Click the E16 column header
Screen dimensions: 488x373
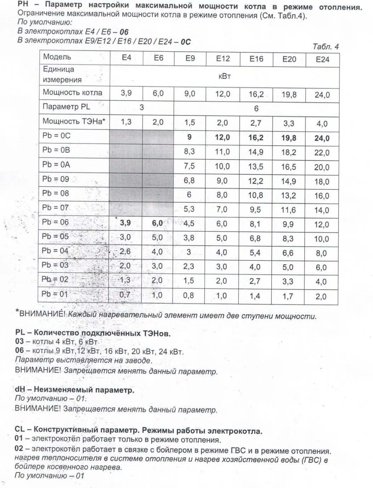click(256, 59)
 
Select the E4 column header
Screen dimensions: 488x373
click(126, 57)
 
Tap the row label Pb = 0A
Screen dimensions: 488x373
click(56, 164)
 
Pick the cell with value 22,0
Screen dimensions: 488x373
click(322, 153)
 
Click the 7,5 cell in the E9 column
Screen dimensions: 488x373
click(189, 166)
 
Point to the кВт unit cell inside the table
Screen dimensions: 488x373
click(225, 76)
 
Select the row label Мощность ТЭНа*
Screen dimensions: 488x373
click(74, 121)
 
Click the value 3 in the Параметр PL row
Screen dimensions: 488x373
click(142, 108)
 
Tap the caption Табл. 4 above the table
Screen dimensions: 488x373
click(326, 47)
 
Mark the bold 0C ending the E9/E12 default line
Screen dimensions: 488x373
click(186, 42)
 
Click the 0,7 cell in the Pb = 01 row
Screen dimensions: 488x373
click(125, 294)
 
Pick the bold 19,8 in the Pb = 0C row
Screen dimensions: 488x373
click(289, 138)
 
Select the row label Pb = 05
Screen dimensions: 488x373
click(55, 236)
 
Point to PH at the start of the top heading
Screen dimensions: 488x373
click(23, 5)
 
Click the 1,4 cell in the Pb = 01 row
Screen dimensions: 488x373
click(255, 296)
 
